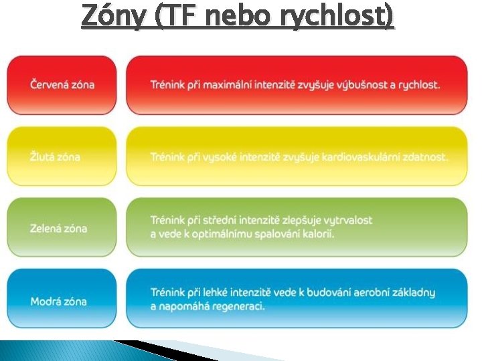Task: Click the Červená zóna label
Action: [x=62, y=85]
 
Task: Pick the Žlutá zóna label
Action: [x=55, y=157]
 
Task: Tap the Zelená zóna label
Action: [x=58, y=229]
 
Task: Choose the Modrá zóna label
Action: [x=58, y=301]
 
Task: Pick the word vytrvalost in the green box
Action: [x=343, y=220]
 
